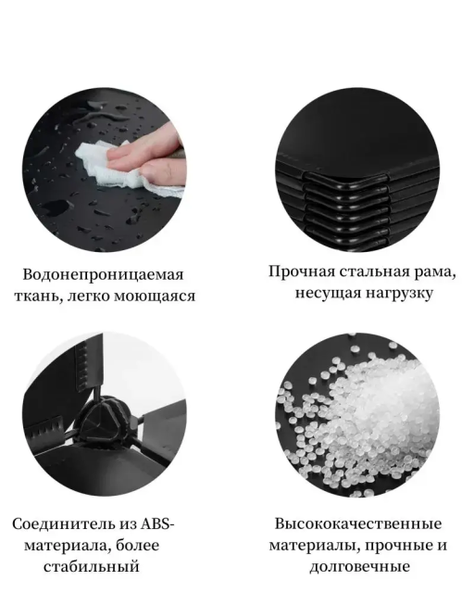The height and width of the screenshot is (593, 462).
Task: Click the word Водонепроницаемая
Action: pos(103,275)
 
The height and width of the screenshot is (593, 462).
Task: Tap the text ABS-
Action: pos(158,524)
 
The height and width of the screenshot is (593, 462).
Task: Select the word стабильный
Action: pos(92,567)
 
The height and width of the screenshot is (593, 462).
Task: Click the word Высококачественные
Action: pos(357,524)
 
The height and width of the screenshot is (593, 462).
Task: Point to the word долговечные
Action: pos(359,567)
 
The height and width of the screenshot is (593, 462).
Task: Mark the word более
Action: pos(137,546)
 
